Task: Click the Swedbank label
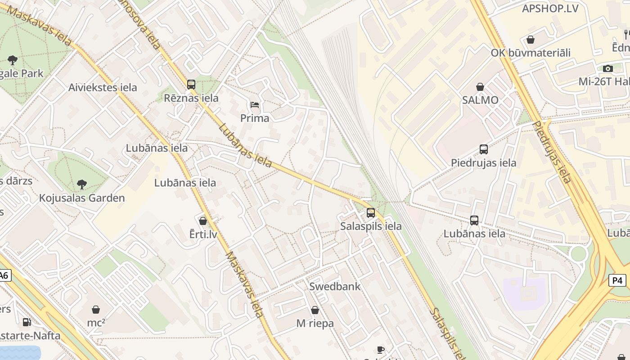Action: (x=335, y=286)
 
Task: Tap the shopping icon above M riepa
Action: (x=315, y=310)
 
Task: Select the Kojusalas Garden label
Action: (x=82, y=198)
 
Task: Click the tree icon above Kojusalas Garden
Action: (x=82, y=184)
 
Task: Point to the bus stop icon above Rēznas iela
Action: (x=191, y=84)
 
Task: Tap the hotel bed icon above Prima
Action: (x=255, y=105)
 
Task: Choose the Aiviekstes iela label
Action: (x=103, y=87)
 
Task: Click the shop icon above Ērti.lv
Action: (x=203, y=220)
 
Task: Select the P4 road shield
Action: (x=618, y=280)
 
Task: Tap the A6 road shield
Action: (x=4, y=275)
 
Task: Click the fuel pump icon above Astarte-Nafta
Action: (x=27, y=322)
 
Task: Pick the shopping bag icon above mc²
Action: (x=96, y=309)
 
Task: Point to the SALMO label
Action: (x=480, y=100)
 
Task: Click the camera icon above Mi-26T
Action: (x=608, y=68)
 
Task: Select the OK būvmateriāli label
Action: (x=531, y=53)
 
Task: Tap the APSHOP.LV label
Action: (x=550, y=8)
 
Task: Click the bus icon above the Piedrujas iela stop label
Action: (x=484, y=149)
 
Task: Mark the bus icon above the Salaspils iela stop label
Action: (x=371, y=212)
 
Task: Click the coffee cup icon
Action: (x=381, y=350)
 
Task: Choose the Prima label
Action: (x=255, y=118)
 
